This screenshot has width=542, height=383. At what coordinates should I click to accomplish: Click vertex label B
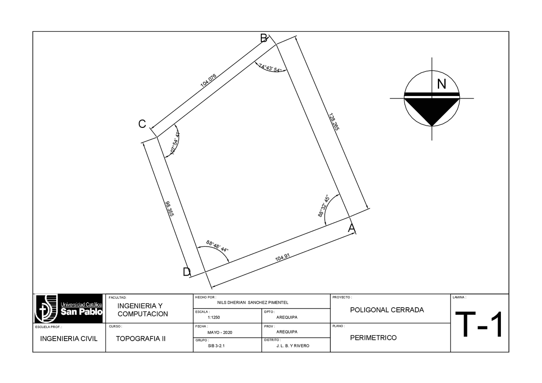tap(263, 39)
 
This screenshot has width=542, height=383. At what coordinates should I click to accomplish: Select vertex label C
tap(142, 124)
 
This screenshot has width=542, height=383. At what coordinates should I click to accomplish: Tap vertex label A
tap(351, 229)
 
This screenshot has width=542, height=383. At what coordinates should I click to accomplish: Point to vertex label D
tap(186, 272)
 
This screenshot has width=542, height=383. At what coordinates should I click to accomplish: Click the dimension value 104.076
tap(208, 80)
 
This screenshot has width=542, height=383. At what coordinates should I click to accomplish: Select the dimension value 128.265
tap(334, 121)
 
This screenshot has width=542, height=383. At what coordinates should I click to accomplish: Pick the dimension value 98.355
tap(170, 209)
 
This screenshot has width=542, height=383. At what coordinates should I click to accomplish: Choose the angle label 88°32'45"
tap(324, 206)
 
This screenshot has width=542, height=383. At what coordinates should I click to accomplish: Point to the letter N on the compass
tap(442, 84)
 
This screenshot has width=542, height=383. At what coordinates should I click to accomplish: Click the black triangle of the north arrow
tap(431, 110)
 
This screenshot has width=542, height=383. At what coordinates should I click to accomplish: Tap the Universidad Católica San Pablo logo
tap(69, 309)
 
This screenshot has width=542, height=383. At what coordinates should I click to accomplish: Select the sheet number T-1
tap(479, 325)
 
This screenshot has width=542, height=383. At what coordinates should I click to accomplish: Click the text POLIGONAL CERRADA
tap(387, 310)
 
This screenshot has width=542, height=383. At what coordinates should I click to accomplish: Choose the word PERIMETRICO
tap(373, 338)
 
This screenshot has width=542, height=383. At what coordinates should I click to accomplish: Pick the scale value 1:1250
tap(214, 317)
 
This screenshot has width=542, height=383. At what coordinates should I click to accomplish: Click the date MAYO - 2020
tap(220, 332)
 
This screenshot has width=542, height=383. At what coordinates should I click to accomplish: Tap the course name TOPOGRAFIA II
tap(141, 339)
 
